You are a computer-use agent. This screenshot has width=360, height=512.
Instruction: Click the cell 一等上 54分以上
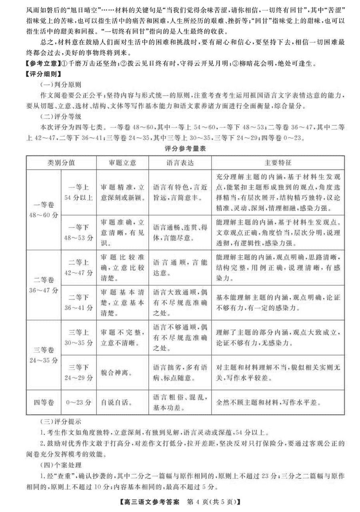[78, 192]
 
